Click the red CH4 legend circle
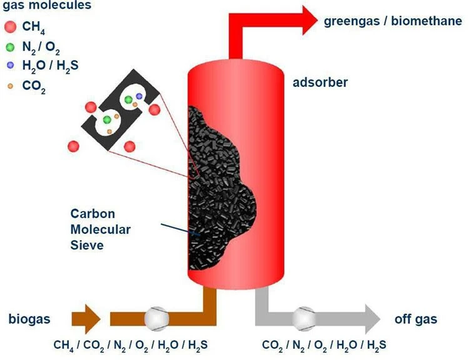[10, 27]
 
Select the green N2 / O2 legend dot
[10, 47]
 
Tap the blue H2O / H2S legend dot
[11, 65]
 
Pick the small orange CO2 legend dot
[11, 86]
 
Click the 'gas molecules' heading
[47, 6]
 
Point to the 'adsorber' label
[320, 82]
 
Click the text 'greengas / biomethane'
[393, 21]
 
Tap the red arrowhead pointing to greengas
[310, 21]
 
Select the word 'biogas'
[29, 319]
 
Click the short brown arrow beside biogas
[86, 319]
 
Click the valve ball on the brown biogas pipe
[156, 319]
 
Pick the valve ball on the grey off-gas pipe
[304, 319]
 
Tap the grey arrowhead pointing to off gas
[373, 319]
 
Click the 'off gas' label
[416, 319]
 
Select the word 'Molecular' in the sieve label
[101, 229]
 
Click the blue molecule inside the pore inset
[139, 96]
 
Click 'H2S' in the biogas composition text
[198, 346]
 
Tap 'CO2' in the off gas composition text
[273, 346]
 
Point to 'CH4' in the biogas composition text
[64, 346]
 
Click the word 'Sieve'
[87, 245]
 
